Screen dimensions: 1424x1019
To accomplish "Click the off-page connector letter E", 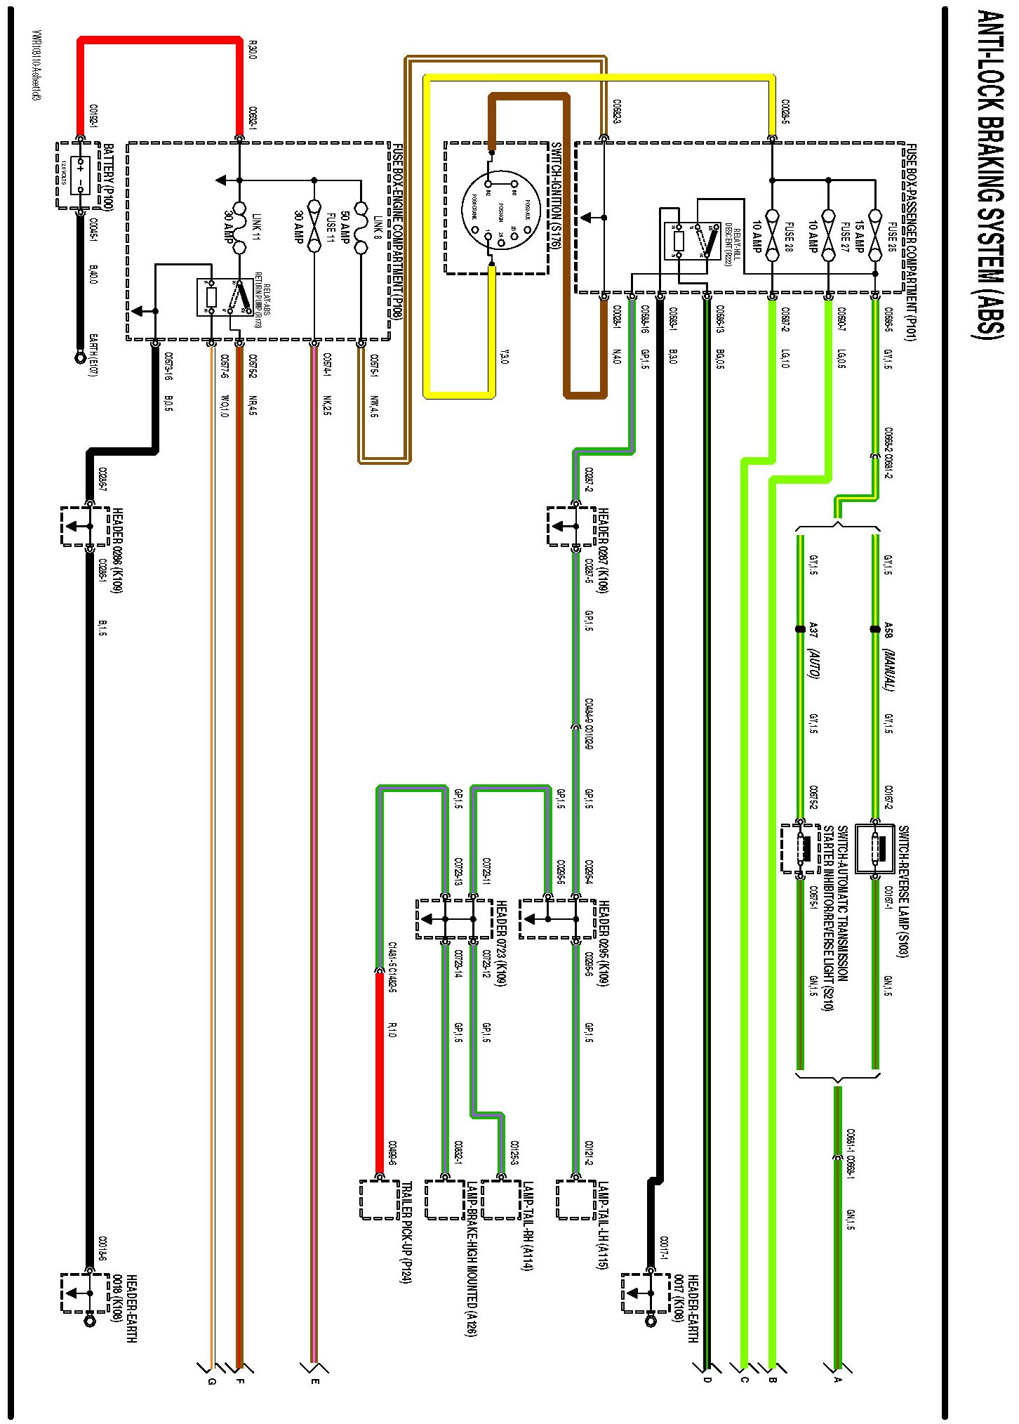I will [315, 1382].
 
